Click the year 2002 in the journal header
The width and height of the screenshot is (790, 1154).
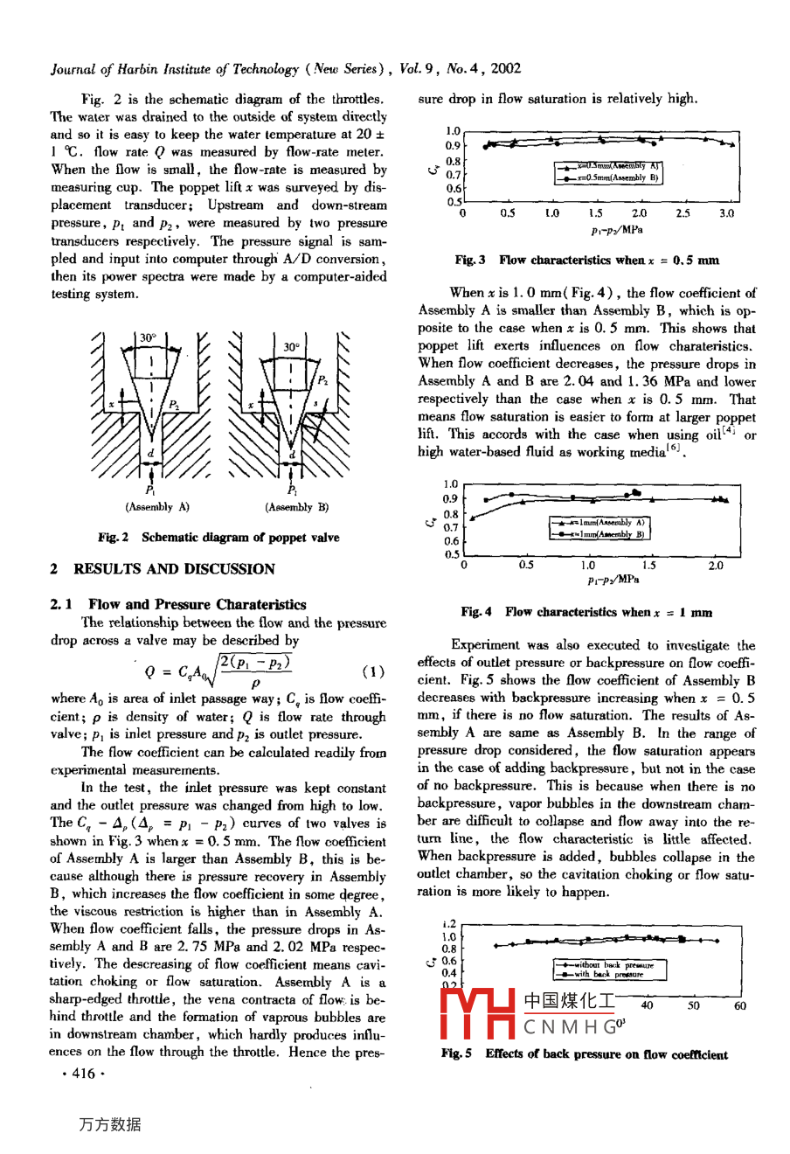pos(505,68)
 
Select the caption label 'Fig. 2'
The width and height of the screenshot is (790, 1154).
pos(114,538)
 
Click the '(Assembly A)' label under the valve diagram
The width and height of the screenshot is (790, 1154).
pos(157,507)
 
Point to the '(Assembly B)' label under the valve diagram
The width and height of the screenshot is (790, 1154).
pos(297,507)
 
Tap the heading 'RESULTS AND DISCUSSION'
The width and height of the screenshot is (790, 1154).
pos(174,569)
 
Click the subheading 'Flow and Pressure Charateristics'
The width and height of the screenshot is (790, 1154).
pos(197,604)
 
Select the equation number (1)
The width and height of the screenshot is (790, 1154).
pos(372,672)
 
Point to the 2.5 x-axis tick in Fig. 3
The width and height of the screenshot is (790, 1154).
pos(683,212)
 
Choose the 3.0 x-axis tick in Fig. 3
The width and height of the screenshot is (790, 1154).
pos(727,212)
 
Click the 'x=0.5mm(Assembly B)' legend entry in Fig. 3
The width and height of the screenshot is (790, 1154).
pos(610,177)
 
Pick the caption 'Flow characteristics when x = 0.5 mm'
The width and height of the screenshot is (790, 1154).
pos(609,260)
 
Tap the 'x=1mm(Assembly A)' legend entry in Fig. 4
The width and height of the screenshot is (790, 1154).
pos(601,522)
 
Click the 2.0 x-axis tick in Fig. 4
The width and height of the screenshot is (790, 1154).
pos(716,566)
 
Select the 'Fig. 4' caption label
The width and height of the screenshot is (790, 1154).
pos(476,612)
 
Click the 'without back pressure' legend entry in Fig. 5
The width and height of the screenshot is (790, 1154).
pos(608,965)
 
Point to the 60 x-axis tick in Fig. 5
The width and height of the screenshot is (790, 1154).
pos(740,1005)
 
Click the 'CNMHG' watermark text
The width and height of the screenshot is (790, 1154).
pos(575,1026)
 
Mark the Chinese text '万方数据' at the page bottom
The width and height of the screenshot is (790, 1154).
pos(109,1124)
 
